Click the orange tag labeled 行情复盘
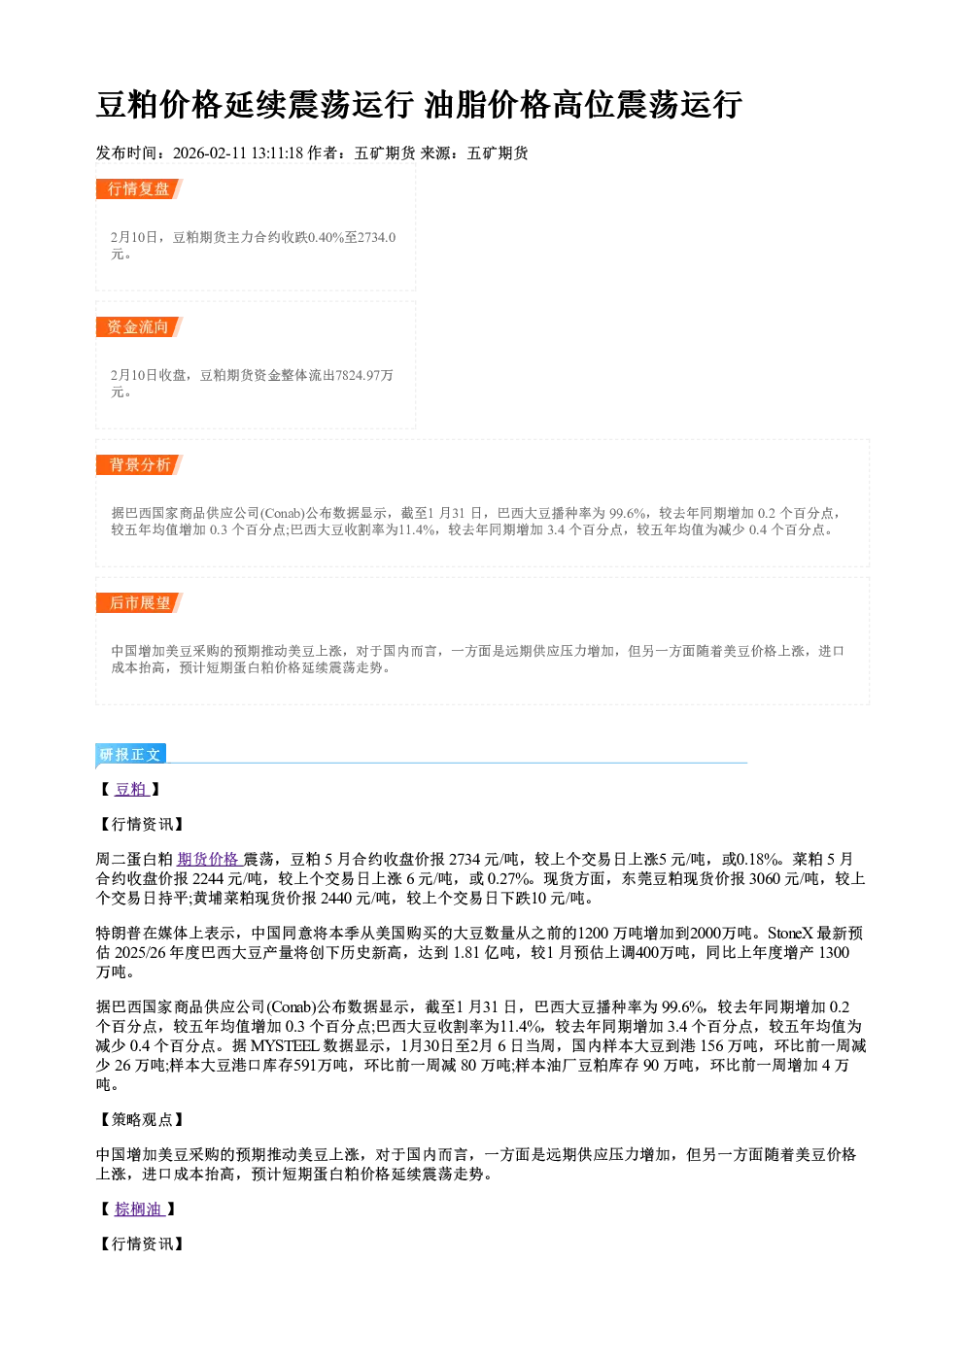pyautogui.click(x=138, y=188)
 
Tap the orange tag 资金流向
pyautogui.click(x=138, y=326)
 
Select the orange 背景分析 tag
pyautogui.click(x=138, y=465)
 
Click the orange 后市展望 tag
pyautogui.click(x=138, y=603)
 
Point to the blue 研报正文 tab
pyautogui.click(x=130, y=755)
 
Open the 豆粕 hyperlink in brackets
pyautogui.click(x=132, y=789)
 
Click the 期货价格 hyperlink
pyautogui.click(x=209, y=859)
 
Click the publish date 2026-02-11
pyautogui.click(x=209, y=153)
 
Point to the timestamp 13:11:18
pyautogui.click(x=277, y=153)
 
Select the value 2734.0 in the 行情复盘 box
pyautogui.click(x=377, y=237)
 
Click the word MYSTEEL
pyautogui.click(x=285, y=1046)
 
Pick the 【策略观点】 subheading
pyautogui.click(x=141, y=1119)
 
